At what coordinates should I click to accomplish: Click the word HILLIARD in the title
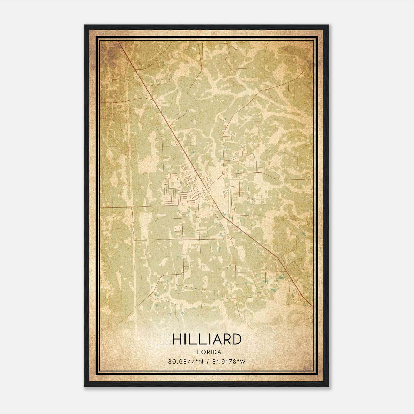click(206, 339)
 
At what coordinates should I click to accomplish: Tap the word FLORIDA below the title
click(206, 352)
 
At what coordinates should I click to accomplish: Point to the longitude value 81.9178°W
click(229, 362)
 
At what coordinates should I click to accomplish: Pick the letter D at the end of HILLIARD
click(236, 339)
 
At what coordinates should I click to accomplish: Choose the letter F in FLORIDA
click(194, 352)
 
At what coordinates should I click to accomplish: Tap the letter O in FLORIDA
click(202, 352)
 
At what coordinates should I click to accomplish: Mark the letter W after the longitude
click(242, 362)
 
